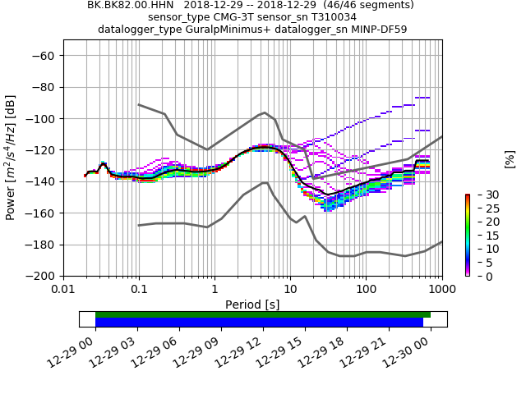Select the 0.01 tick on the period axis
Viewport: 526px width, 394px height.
63,291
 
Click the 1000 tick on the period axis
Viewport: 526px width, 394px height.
442,291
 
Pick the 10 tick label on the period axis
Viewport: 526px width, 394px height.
290,291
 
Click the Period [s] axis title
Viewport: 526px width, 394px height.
252,305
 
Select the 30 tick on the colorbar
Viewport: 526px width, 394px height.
482,195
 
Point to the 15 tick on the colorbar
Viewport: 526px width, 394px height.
482,235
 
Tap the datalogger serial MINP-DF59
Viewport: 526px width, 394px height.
367,30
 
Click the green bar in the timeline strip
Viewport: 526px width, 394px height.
263,314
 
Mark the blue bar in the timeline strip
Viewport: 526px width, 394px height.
259,323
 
